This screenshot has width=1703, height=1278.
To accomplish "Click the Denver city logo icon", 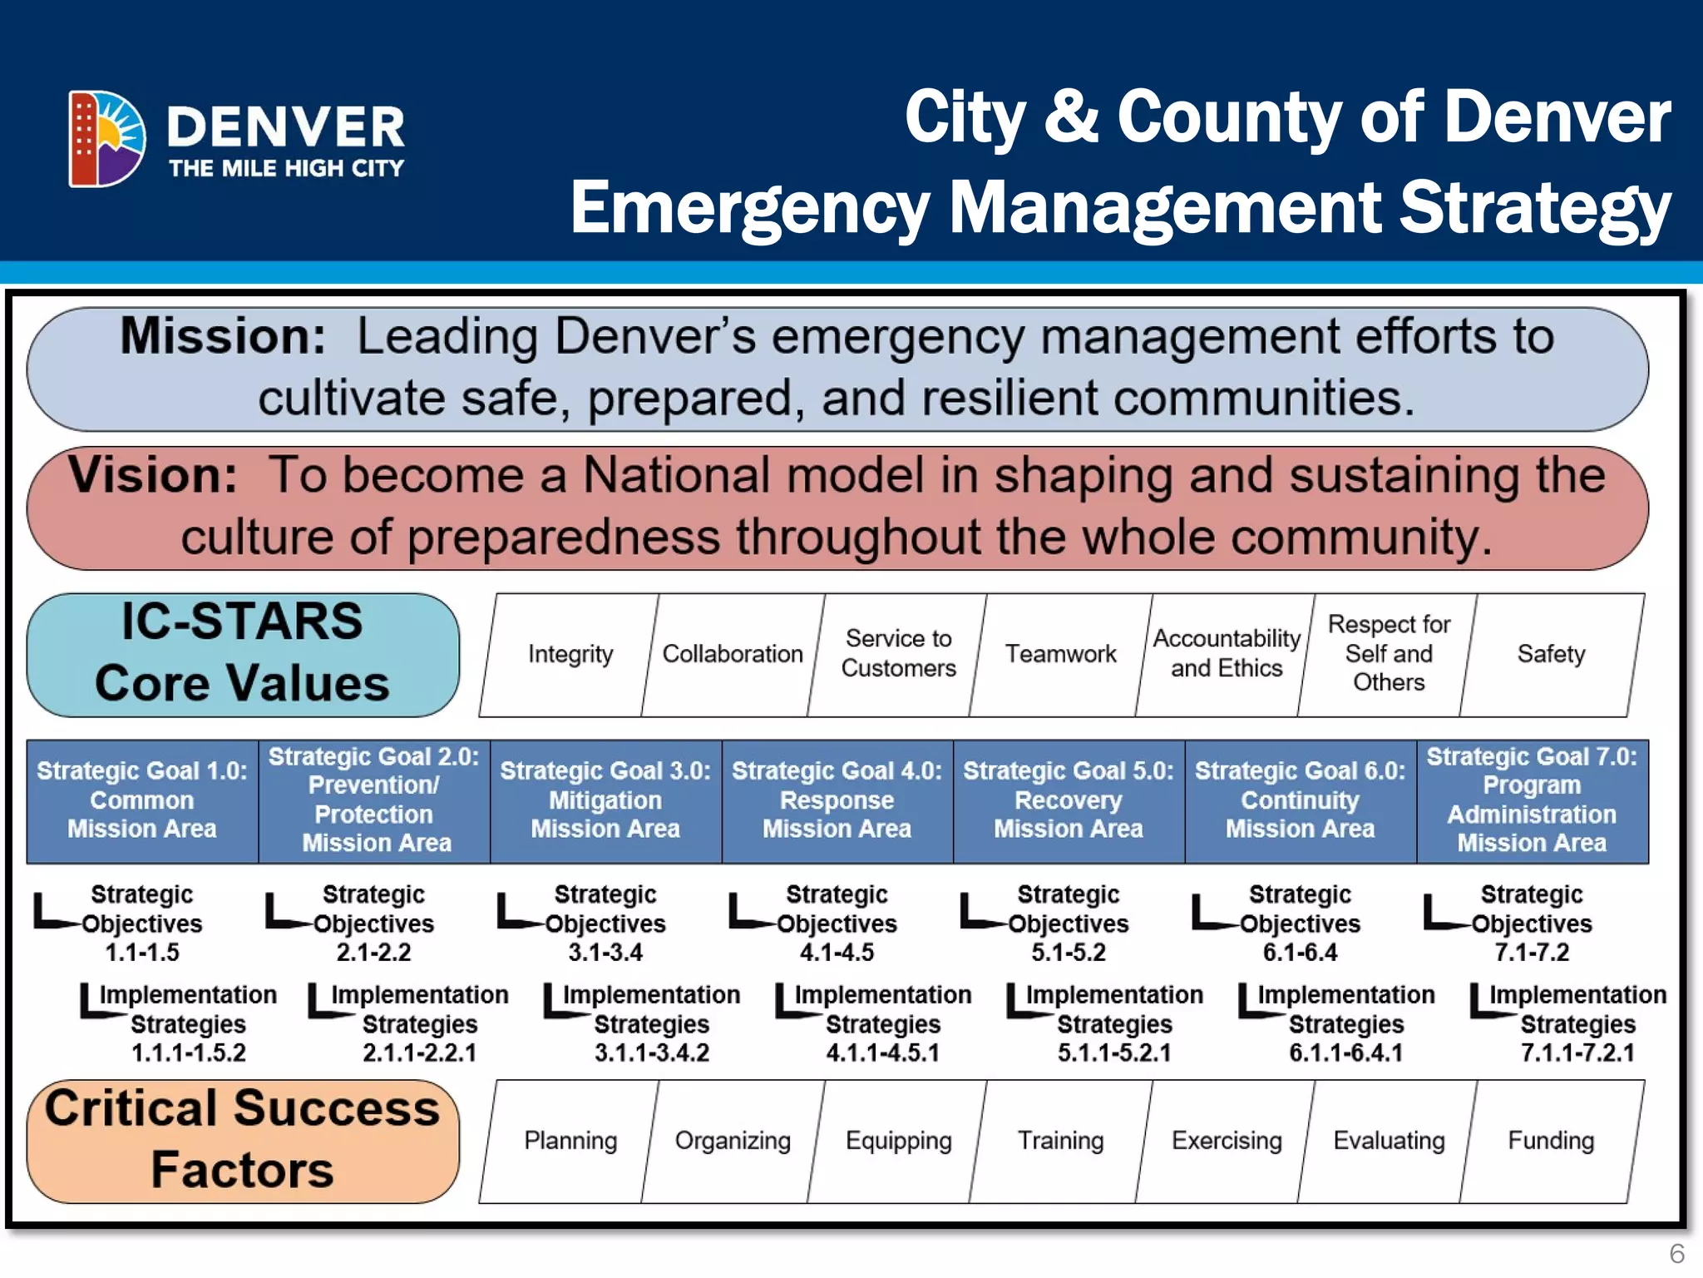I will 107,138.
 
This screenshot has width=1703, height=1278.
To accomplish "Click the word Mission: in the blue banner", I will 223,337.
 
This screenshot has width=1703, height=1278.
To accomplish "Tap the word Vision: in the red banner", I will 153,475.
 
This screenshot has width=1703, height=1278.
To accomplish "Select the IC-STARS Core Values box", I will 242,654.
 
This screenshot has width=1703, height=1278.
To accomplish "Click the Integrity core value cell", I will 570,654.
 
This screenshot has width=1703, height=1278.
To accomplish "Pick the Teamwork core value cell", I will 1060,654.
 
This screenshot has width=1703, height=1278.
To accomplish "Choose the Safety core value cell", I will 1551,654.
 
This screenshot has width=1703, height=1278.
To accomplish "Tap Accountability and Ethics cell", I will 1227,654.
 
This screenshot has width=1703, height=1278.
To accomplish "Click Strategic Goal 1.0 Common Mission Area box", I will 142,800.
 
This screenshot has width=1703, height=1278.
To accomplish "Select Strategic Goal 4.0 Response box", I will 837,800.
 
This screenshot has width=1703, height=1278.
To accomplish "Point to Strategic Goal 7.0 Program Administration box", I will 1532,800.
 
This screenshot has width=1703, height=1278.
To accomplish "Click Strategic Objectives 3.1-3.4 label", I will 605,924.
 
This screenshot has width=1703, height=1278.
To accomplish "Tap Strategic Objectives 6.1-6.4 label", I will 1300,924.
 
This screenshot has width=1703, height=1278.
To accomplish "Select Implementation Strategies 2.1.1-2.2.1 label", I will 419,1024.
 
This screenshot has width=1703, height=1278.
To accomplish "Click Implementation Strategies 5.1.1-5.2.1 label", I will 1114,1024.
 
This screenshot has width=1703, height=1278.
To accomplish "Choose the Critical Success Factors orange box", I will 242,1140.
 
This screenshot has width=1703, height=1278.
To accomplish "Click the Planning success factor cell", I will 570,1141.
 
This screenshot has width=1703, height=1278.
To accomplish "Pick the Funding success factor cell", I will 1551,1141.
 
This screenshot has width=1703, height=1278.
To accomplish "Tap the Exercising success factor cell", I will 1227,1141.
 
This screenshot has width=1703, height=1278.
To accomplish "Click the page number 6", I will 1676,1253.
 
